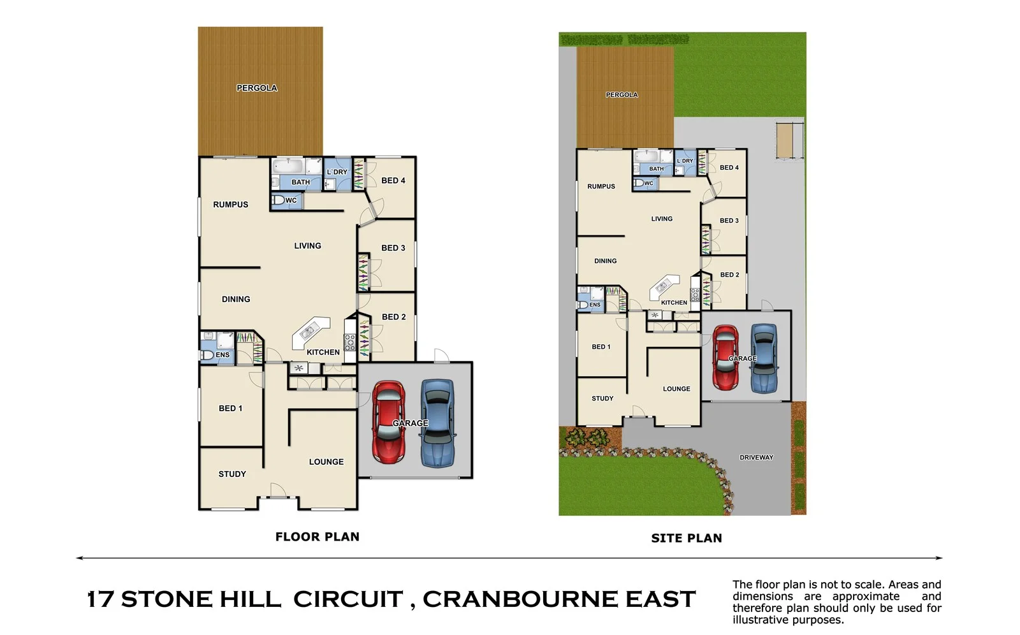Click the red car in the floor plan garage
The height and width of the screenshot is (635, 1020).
click(x=388, y=422)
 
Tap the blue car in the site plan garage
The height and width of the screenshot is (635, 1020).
click(x=764, y=358)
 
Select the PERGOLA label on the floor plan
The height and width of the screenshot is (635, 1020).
click(x=257, y=88)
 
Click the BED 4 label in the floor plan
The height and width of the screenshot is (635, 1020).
click(x=393, y=180)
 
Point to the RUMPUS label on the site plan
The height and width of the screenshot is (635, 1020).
click(x=601, y=186)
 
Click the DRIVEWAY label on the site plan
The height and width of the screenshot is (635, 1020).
click(x=756, y=457)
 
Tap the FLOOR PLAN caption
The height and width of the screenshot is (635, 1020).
click(x=317, y=537)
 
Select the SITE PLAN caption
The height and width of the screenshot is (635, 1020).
click(x=686, y=538)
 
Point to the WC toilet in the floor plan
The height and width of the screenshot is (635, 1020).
click(x=278, y=200)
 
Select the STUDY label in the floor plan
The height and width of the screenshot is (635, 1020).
click(x=232, y=474)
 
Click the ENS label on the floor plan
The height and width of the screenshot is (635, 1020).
click(x=222, y=354)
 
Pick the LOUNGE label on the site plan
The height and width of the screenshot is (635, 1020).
click(x=676, y=388)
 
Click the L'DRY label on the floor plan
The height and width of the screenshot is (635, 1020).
click(x=337, y=172)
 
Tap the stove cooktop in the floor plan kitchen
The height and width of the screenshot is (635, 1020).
click(x=350, y=343)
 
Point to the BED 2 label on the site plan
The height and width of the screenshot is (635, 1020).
click(x=729, y=275)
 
